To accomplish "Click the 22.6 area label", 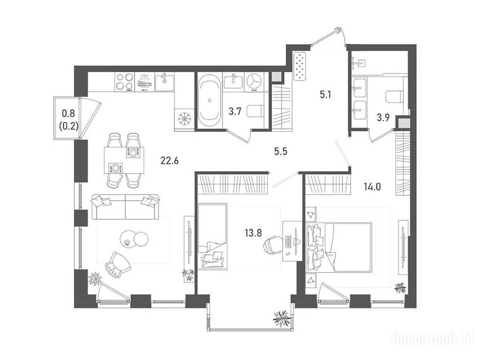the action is (x=169, y=160).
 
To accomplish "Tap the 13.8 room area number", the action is (x=253, y=233).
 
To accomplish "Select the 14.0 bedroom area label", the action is (x=372, y=186).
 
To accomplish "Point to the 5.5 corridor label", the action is (x=281, y=151).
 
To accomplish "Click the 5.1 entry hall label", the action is (x=325, y=95).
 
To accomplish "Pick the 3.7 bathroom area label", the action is (x=235, y=112).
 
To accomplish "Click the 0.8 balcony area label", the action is (x=68, y=113).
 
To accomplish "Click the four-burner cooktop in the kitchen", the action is (x=125, y=82).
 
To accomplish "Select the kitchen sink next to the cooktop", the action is (x=165, y=82).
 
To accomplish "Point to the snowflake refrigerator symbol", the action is (x=185, y=119).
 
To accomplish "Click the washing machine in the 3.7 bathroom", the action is (x=254, y=82).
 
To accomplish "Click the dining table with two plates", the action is (x=124, y=160).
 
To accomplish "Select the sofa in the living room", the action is (x=126, y=207).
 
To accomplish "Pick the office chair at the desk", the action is (x=272, y=245).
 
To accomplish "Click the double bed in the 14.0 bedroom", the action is (x=339, y=247).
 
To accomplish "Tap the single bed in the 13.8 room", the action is (x=212, y=237).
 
